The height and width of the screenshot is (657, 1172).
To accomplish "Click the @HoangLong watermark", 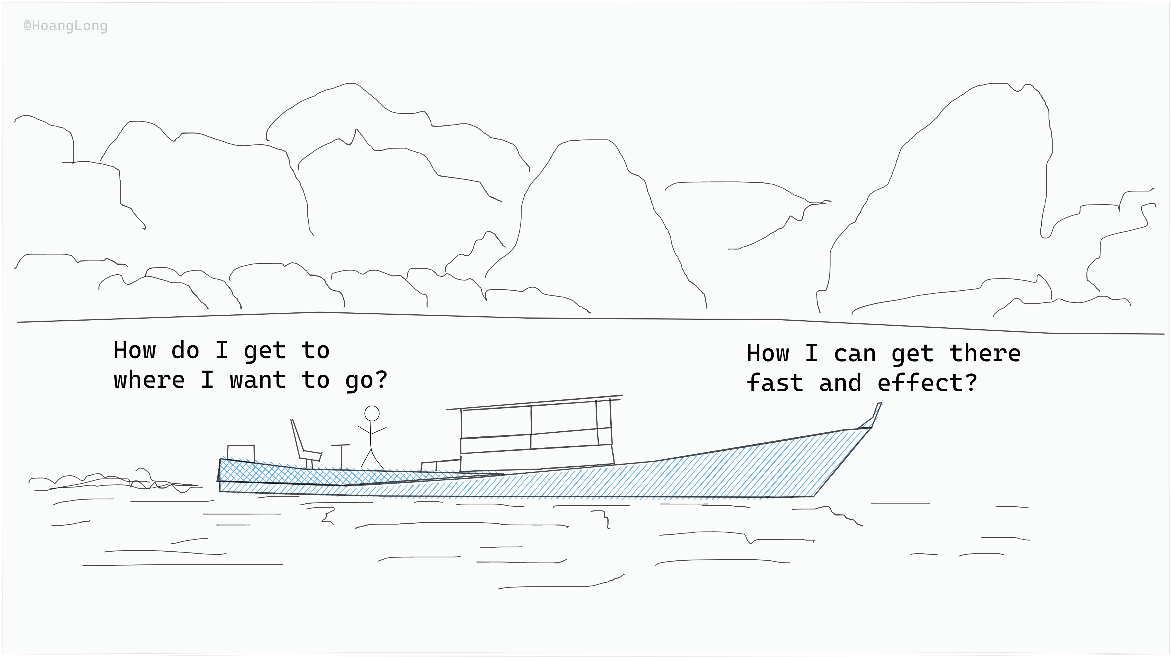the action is coord(66,26).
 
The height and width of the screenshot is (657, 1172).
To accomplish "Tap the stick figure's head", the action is coord(372,413).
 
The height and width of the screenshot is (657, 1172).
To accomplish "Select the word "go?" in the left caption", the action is coord(366,381).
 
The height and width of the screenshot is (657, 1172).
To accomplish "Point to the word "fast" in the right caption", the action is coord(775,383).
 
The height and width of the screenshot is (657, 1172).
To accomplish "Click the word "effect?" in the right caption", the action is coord(927,383).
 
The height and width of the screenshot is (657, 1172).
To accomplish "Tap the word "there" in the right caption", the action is coord(985,354).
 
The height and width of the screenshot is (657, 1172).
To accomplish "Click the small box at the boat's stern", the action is coord(241,453).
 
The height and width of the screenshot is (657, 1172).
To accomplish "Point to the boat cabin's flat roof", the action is coord(535,403).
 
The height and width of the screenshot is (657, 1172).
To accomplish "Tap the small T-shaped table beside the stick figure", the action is coord(341,455).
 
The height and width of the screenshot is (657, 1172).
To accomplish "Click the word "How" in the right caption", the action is coord(768,354).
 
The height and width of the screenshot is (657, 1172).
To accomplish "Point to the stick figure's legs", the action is coord(372,457).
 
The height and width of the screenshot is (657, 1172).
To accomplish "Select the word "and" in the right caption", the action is coord(840,383).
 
